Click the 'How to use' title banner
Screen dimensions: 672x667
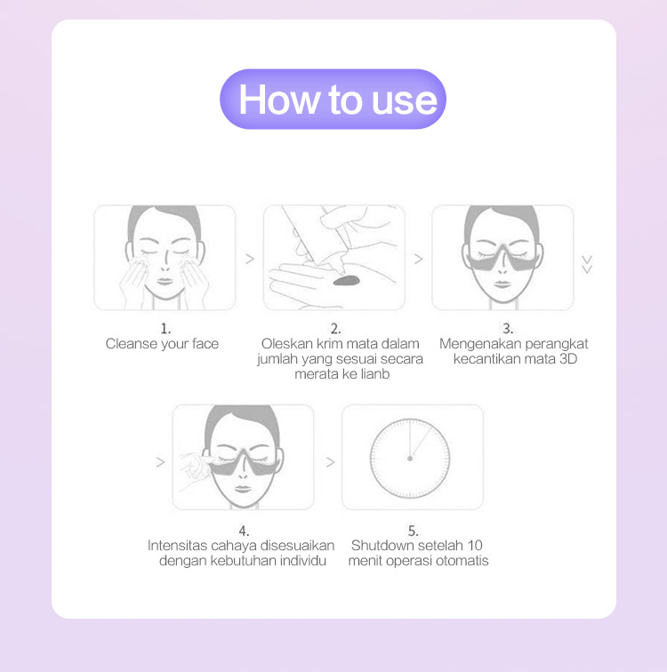tap(333, 99)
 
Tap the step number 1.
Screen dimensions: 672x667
tap(165, 329)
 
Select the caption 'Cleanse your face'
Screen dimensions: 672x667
tap(162, 344)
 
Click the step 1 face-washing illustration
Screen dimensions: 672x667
tap(165, 257)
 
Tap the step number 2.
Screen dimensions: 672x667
tap(335, 329)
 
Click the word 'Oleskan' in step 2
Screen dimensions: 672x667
tap(282, 344)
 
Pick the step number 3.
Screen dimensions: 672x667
tap(508, 329)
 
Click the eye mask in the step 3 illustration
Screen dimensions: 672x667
tap(502, 253)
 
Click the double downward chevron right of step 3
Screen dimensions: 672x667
tap(586, 263)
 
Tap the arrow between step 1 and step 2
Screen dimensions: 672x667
tap(250, 259)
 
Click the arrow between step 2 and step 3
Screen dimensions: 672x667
tap(418, 259)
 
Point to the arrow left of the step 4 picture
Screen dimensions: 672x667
tap(160, 462)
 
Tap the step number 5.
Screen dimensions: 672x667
tap(413, 531)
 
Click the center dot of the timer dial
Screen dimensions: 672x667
tap(410, 459)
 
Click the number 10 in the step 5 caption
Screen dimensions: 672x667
tap(475, 545)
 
